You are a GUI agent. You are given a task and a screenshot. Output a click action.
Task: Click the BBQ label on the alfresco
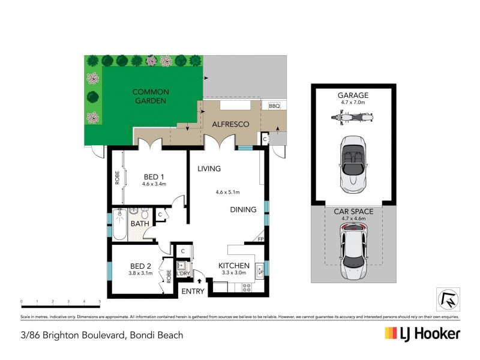click(x=275, y=106)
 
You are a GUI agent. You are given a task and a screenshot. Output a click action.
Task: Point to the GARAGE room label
click(x=353, y=95)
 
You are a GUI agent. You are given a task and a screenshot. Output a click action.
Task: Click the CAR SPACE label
click(x=353, y=211)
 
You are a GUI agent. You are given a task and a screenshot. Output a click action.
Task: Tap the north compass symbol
click(x=445, y=298)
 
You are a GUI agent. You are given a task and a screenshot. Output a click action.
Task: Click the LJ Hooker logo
click(x=422, y=334)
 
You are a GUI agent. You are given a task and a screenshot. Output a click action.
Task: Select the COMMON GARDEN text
click(x=151, y=97)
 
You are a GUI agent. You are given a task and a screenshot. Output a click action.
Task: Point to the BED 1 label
click(x=154, y=176)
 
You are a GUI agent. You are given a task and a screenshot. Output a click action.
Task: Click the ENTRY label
click(x=193, y=292)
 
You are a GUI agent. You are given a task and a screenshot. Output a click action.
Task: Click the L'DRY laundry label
click(x=182, y=273)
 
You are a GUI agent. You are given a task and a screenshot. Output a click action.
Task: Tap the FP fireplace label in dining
click(x=260, y=238)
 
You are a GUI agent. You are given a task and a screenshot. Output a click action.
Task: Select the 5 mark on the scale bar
click(x=100, y=301)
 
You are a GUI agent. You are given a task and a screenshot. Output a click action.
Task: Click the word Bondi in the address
click(x=140, y=335)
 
